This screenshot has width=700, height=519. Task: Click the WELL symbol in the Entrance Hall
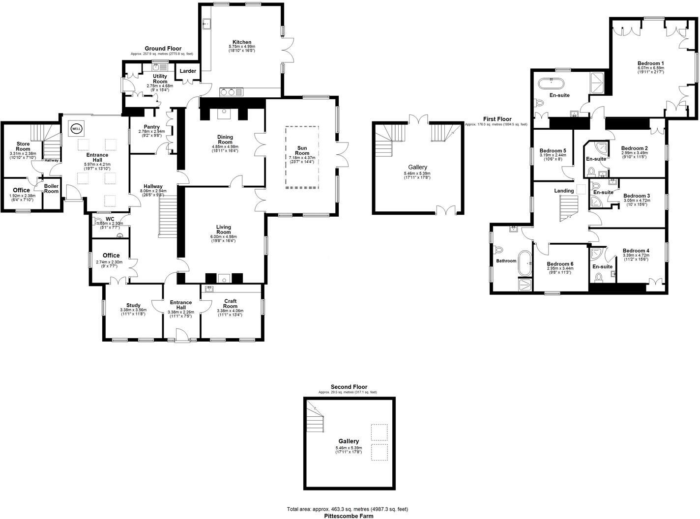coord(77,129)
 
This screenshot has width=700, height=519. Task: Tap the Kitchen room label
coord(241,42)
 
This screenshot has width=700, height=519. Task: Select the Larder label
coord(188,71)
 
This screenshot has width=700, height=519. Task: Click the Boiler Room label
coord(51,189)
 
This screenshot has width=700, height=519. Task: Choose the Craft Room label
coord(230,304)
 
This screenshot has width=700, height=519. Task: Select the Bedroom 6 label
coord(560,264)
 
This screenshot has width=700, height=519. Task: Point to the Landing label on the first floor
coord(564,191)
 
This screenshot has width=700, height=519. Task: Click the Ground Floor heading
coord(163,49)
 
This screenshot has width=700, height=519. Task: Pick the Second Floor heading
coord(349,387)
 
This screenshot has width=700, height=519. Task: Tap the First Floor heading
coord(497,119)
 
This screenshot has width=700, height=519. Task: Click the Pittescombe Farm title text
coord(349,516)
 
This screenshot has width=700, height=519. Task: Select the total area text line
coord(347,509)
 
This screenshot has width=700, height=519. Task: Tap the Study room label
coord(133,305)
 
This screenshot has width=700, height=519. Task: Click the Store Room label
coord(23,146)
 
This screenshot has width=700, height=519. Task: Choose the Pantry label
coord(151,127)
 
